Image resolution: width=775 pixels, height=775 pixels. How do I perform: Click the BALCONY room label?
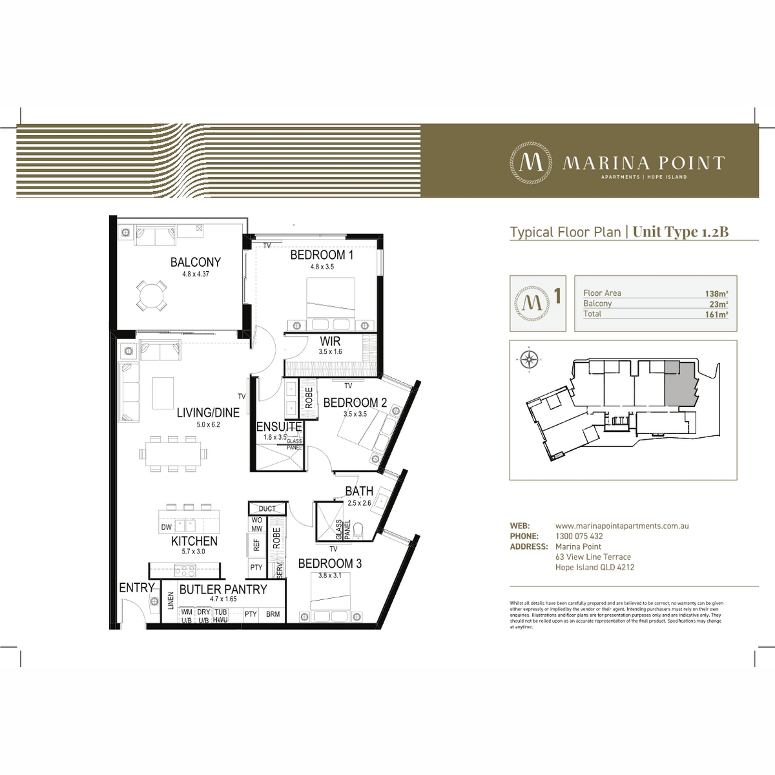(195, 262)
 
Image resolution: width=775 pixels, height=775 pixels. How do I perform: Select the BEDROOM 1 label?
(322, 255)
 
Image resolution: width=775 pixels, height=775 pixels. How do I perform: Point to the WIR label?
(329, 341)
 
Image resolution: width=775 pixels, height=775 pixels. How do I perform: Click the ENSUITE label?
(279, 427)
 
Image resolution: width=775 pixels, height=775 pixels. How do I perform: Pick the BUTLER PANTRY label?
(223, 589)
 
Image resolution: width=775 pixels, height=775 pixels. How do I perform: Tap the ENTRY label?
(136, 588)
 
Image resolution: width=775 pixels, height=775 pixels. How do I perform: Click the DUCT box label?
(267, 509)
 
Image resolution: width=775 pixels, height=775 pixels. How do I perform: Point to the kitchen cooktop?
(185, 570)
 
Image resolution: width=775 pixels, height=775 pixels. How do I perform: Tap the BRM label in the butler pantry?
(273, 614)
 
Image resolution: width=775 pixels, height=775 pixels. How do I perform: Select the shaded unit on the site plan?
(679, 384)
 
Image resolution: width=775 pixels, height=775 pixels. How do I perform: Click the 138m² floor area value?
(716, 293)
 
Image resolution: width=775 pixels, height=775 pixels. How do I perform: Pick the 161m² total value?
(716, 315)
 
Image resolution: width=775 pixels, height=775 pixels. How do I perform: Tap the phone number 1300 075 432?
(579, 536)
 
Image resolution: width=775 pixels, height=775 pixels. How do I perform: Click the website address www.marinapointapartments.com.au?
(621, 526)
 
